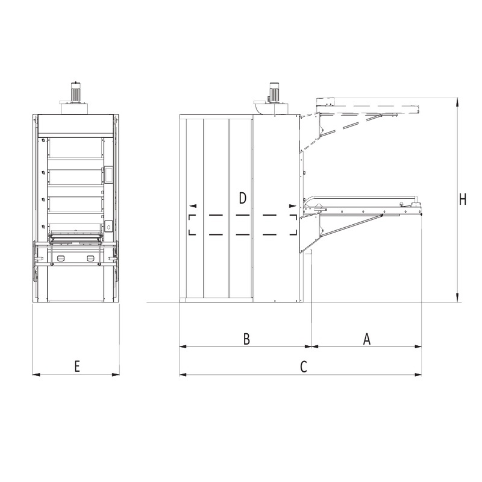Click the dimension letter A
pyautogui.click(x=367, y=339)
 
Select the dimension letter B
pyautogui.click(x=246, y=339)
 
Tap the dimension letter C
pyautogui.click(x=304, y=366)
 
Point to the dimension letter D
pyautogui.click(x=243, y=198)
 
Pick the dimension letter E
pyautogui.click(x=77, y=366)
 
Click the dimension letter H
pyautogui.click(x=463, y=199)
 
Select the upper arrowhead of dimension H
pyautogui.click(x=458, y=102)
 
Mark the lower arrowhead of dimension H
pyautogui.click(x=458, y=297)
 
